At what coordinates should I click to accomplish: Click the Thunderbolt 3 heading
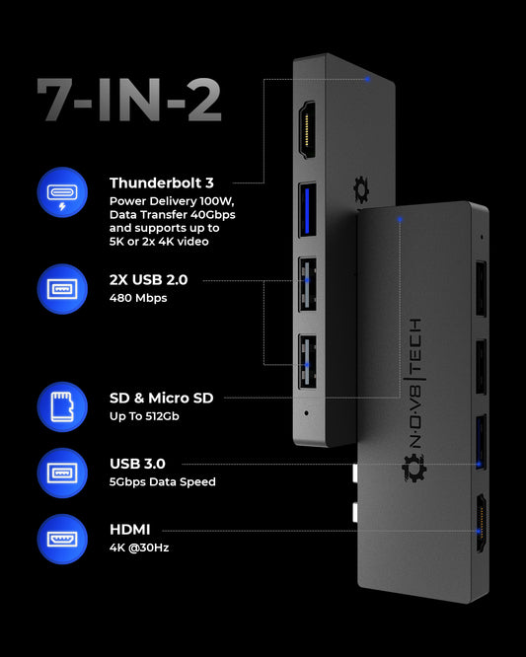pyautogui.click(x=162, y=183)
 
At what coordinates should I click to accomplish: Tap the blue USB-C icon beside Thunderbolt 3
pyautogui.click(x=62, y=192)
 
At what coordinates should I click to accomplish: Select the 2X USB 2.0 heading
pyautogui.click(x=148, y=279)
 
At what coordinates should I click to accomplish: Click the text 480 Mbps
pyautogui.click(x=138, y=298)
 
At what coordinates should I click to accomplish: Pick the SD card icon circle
pyautogui.click(x=62, y=406)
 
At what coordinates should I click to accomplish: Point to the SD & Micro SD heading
pyautogui.click(x=162, y=398)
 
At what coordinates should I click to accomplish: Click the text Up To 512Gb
pyautogui.click(x=144, y=416)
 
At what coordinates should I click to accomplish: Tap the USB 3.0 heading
pyautogui.click(x=137, y=464)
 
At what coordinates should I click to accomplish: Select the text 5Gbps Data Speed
pyautogui.click(x=163, y=481)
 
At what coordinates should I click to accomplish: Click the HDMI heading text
pyautogui.click(x=130, y=529)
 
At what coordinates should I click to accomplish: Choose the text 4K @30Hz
pyautogui.click(x=139, y=547)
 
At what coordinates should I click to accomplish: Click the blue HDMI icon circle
pyautogui.click(x=62, y=539)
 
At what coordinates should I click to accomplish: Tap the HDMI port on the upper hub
pyautogui.click(x=307, y=130)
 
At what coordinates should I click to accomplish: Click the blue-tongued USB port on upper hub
pyautogui.click(x=307, y=210)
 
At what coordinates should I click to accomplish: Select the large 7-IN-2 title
pyautogui.click(x=129, y=100)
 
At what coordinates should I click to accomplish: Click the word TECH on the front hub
pyautogui.click(x=414, y=349)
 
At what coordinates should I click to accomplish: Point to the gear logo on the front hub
pyautogui.click(x=414, y=468)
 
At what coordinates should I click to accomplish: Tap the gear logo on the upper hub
pyautogui.click(x=360, y=190)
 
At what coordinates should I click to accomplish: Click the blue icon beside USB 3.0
pyautogui.click(x=62, y=474)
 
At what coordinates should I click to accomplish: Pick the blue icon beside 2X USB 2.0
pyautogui.click(x=62, y=289)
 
